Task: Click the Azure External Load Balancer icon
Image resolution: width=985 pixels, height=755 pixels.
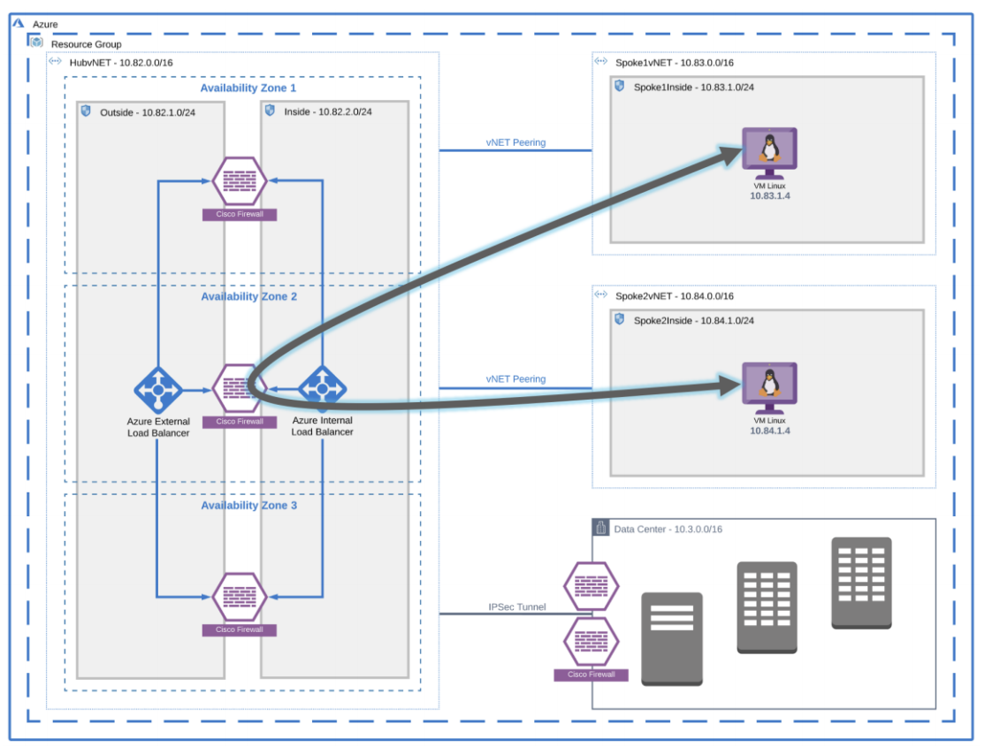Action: pos(158,389)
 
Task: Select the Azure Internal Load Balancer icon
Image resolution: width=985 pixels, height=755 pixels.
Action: pos(322,388)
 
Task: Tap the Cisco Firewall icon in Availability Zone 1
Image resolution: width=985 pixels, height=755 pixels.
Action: pos(240,180)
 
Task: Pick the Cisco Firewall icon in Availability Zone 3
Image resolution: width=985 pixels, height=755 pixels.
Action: pos(240,597)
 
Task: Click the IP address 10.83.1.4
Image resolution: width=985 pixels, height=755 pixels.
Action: pos(769,195)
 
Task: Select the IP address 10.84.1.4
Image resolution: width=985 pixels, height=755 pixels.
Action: pos(769,431)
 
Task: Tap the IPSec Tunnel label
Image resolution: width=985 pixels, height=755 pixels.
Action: pos(516,607)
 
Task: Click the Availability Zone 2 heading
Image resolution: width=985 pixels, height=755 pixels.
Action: pos(248,297)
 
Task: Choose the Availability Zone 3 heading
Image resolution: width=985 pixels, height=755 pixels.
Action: pos(248,506)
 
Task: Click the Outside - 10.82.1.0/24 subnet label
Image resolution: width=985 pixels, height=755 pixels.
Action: pos(148,112)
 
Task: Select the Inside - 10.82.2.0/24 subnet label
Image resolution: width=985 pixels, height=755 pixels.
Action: pos(327,112)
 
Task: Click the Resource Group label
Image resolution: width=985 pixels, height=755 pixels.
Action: pos(86,44)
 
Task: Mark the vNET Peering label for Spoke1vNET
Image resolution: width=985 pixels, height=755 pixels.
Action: pos(515,142)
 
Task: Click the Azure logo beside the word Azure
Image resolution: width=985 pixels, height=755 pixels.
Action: pos(19,24)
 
